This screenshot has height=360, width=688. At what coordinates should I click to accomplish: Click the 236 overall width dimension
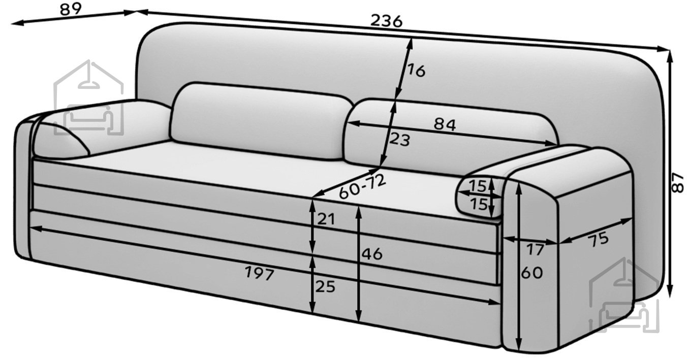click(x=386, y=21)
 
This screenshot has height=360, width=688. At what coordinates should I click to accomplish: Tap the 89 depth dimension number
click(x=71, y=9)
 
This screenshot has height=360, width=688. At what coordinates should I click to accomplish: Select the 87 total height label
click(x=678, y=183)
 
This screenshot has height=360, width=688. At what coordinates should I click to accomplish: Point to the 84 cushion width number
click(x=445, y=124)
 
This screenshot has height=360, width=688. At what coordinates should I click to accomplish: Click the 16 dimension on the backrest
click(x=417, y=71)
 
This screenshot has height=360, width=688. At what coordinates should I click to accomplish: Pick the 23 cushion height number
click(x=399, y=140)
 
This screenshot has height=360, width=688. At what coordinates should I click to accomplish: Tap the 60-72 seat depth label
click(x=362, y=186)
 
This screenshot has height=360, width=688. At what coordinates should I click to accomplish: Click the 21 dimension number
click(x=326, y=219)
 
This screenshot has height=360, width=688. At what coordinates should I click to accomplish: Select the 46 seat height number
click(x=372, y=254)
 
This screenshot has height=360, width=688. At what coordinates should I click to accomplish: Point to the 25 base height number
click(x=325, y=287)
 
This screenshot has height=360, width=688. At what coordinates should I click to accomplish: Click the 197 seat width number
click(x=260, y=274)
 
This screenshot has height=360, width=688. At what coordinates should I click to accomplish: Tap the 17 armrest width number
click(x=536, y=249)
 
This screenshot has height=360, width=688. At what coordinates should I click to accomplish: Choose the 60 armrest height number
click(x=532, y=273)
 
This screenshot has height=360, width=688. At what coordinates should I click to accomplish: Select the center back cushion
click(x=261, y=121)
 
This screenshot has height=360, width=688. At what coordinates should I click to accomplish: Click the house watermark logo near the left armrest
click(x=89, y=97)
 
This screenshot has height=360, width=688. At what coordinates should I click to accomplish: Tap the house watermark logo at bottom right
click(x=624, y=295)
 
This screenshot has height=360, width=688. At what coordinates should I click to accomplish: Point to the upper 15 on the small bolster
click(x=478, y=186)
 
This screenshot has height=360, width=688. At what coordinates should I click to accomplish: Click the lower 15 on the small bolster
click(x=479, y=204)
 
